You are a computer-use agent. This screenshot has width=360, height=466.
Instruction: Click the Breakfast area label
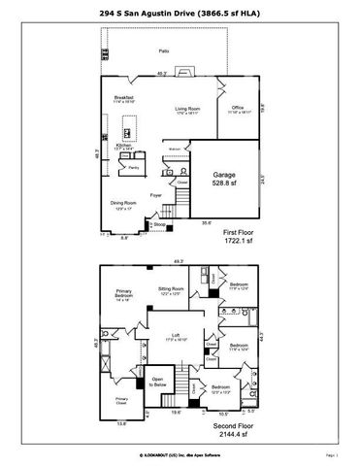pos(123,98)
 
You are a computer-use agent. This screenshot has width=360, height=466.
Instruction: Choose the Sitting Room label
pos(172,291)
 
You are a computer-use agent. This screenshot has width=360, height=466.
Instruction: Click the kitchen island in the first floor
pos(126,129)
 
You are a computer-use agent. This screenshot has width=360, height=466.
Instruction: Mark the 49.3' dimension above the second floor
pos(179,260)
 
